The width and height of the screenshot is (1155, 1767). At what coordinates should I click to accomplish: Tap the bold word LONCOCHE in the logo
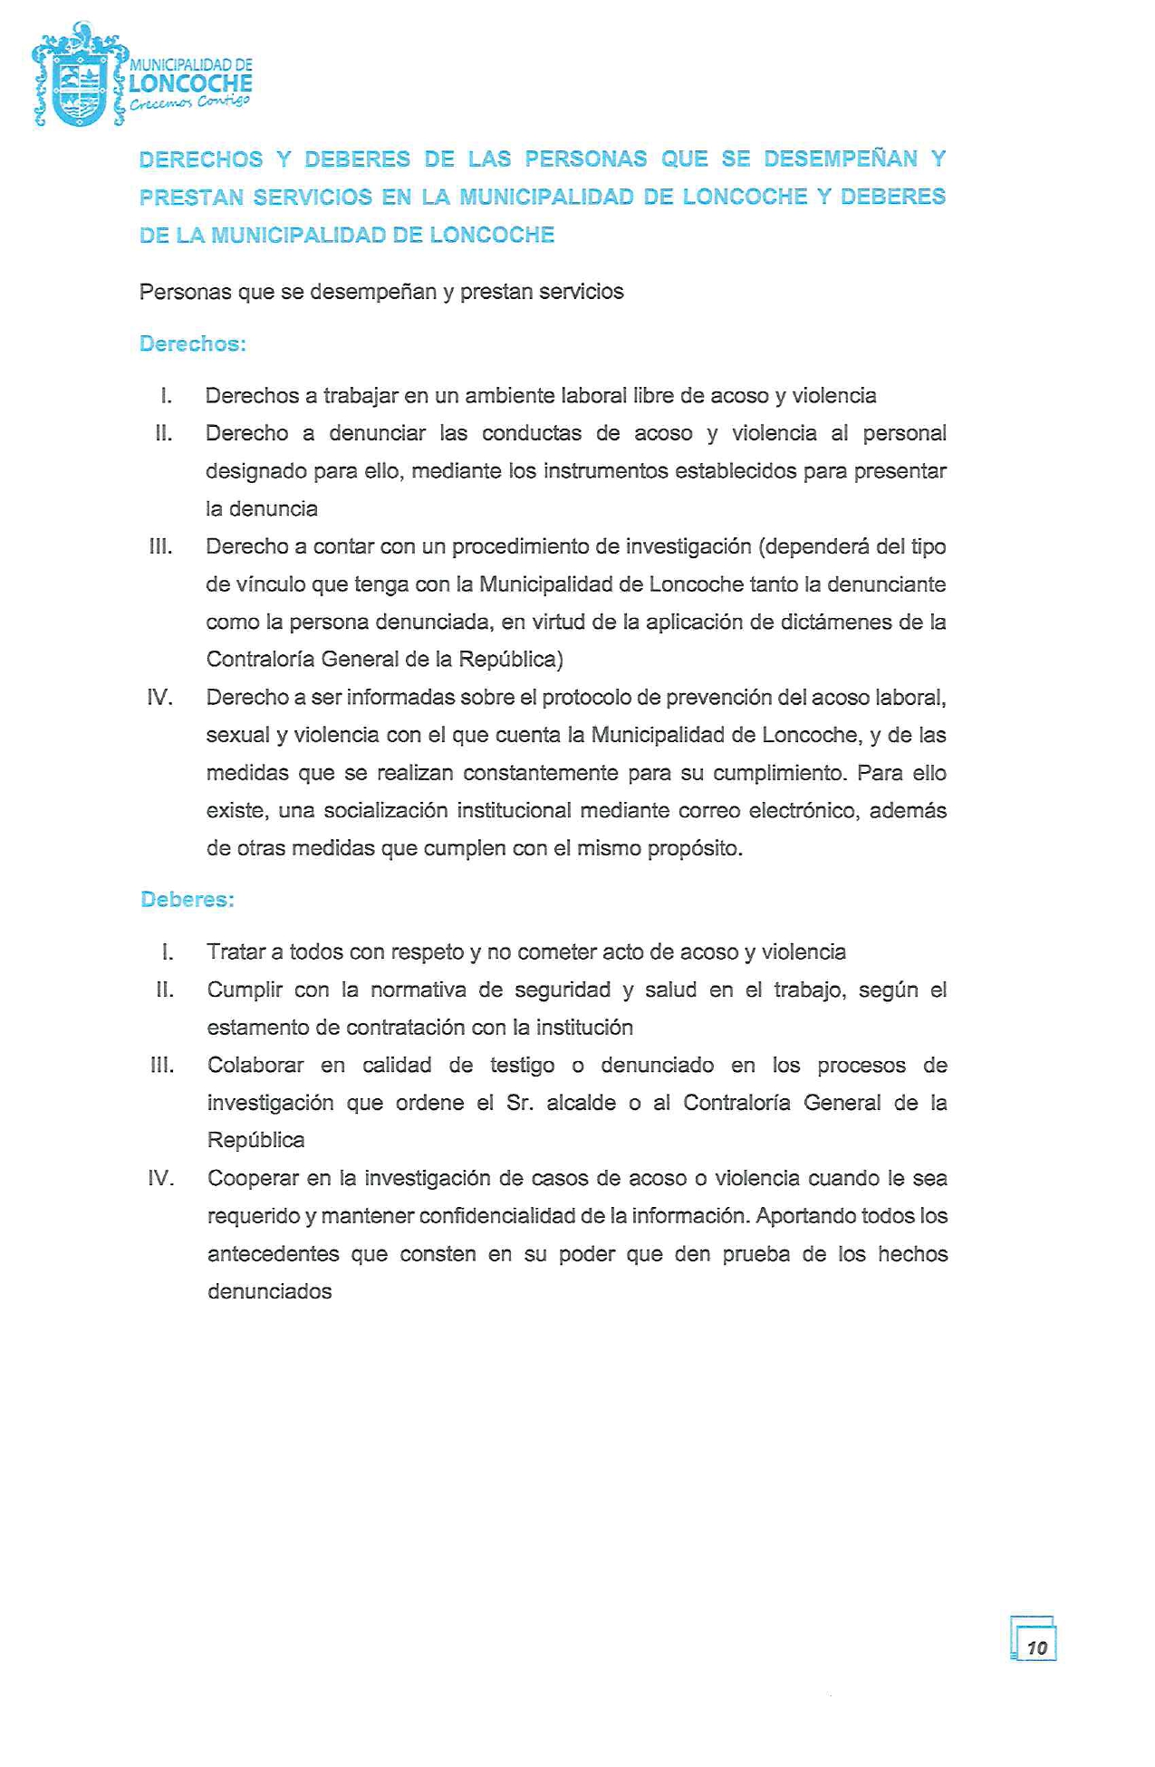coord(190,84)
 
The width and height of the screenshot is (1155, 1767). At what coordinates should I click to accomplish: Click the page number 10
coord(1036,1646)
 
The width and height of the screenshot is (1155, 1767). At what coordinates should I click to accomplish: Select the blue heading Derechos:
coord(193,344)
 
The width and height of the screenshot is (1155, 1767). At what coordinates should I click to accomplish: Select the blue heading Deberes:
coord(188,900)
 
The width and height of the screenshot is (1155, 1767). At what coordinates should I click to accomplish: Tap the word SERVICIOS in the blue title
coord(313,198)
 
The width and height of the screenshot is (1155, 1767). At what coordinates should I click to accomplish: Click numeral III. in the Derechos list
coord(161,546)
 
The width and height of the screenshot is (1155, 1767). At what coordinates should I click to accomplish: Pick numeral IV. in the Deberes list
coord(160,1178)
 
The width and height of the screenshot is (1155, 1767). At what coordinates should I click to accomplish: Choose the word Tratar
coord(236,952)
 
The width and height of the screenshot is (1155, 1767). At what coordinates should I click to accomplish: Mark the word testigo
coord(522,1066)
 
